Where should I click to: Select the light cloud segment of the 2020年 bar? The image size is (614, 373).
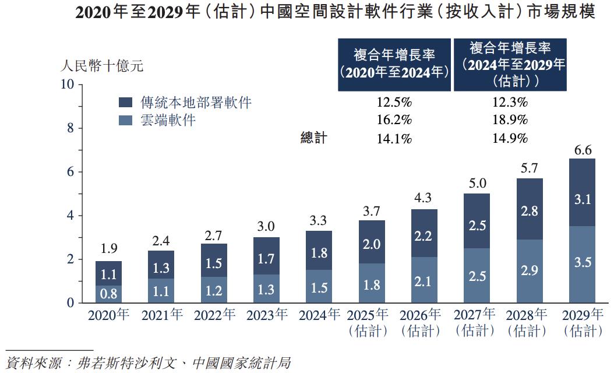(109, 294)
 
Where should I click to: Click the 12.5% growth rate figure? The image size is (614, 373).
(394, 103)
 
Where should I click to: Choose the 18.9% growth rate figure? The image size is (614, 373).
(510, 120)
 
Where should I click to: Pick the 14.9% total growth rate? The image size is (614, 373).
(510, 138)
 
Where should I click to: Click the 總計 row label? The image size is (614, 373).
(314, 138)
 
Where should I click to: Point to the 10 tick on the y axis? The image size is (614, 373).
(68, 85)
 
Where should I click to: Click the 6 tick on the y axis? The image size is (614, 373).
(70, 172)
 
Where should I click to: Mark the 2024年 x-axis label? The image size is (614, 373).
(319, 315)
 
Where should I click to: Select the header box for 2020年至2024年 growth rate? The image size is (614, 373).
(394, 64)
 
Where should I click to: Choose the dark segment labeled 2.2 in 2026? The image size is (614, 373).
(424, 237)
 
